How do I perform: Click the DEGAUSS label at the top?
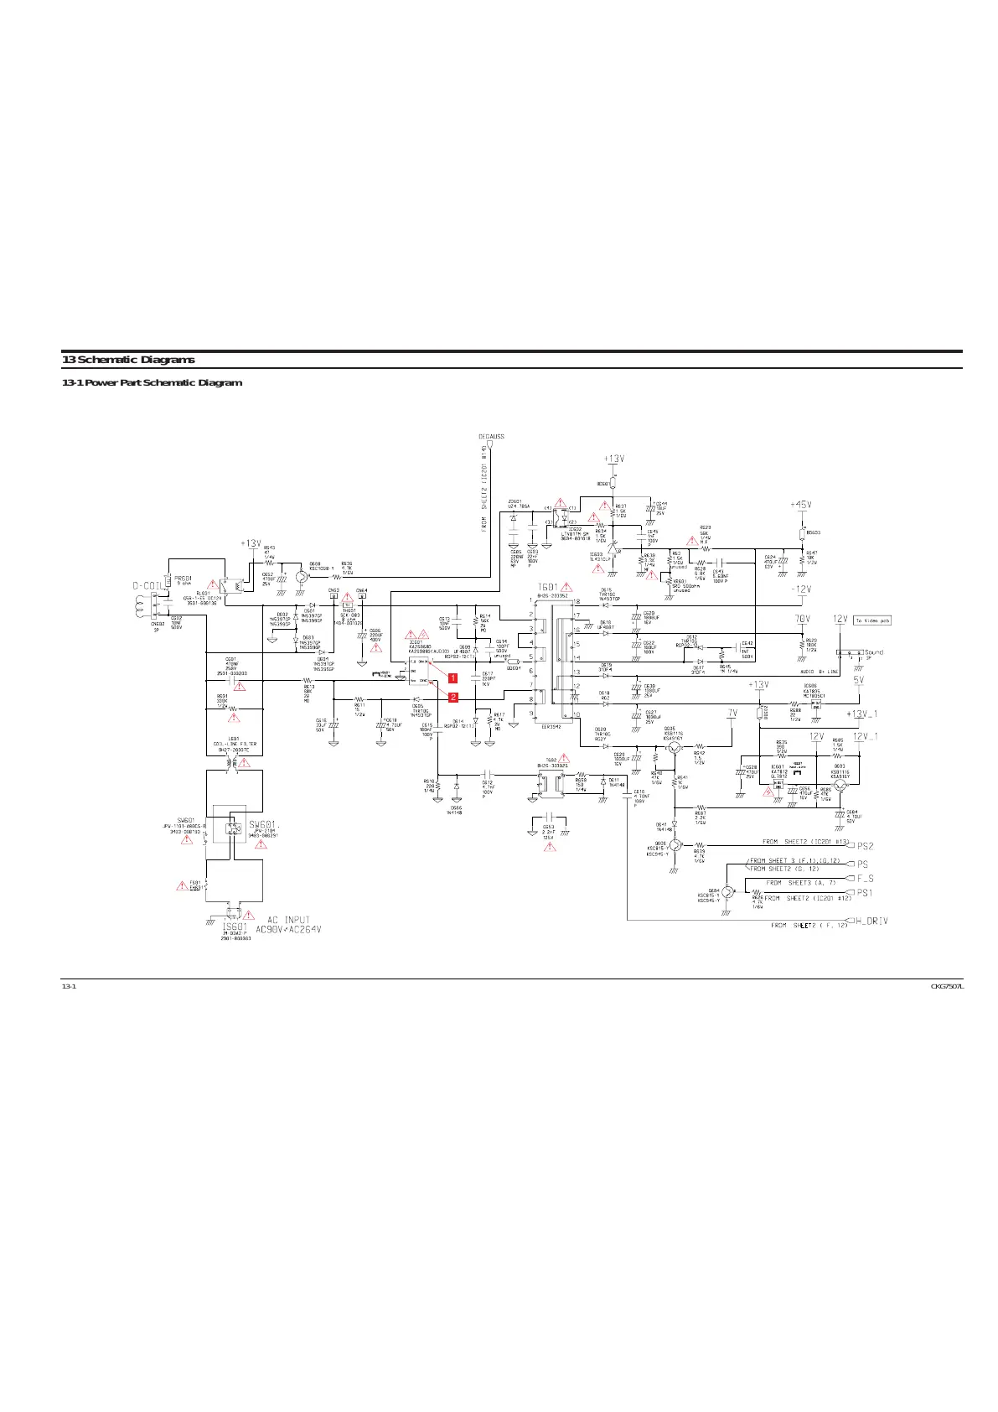pyautogui.click(x=491, y=437)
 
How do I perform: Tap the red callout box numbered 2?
pyautogui.click(x=452, y=697)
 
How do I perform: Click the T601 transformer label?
pyautogui.click(x=547, y=587)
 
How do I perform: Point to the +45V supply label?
pyautogui.click(x=800, y=505)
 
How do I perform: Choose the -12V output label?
pyautogui.click(x=801, y=589)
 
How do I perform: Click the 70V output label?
pyautogui.click(x=802, y=619)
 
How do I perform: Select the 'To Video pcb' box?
pyautogui.click(x=872, y=620)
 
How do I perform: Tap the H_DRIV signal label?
pyautogui.click(x=871, y=921)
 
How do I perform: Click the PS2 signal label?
pyautogui.click(x=865, y=846)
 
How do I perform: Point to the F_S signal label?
pyautogui.click(x=865, y=879)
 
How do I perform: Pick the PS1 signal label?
pyautogui.click(x=865, y=893)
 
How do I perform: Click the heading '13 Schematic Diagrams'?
pyautogui.click(x=128, y=361)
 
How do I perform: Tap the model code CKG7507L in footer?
pyautogui.click(x=948, y=986)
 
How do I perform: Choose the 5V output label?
pyautogui.click(x=858, y=680)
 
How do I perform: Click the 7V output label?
pyautogui.click(x=732, y=713)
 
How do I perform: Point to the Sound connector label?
pyautogui.click(x=873, y=652)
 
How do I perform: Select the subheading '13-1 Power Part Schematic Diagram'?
pyautogui.click(x=152, y=383)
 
